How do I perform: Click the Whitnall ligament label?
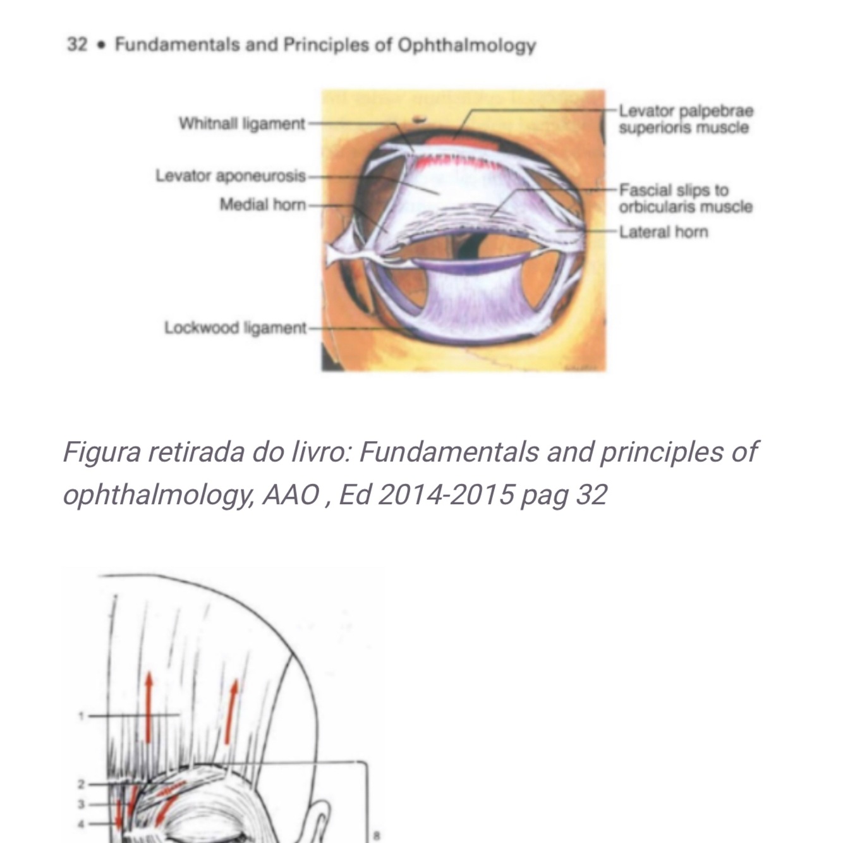[x=241, y=124]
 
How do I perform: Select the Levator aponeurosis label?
[x=231, y=176]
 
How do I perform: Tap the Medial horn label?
[x=262, y=205]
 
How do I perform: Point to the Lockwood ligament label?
[x=235, y=328]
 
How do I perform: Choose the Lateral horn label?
[x=663, y=232]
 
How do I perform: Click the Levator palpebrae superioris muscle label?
[x=685, y=119]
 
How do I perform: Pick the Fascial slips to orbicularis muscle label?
[x=685, y=198]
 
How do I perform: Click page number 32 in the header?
[x=76, y=45]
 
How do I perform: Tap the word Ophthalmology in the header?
[x=466, y=45]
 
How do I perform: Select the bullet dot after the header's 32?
[x=101, y=45]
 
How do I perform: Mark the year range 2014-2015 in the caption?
[x=445, y=494]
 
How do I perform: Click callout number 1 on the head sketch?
[x=81, y=715]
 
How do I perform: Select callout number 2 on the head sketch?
[x=81, y=785]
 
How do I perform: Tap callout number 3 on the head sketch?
[x=81, y=804]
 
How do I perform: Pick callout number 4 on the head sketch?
[x=81, y=824]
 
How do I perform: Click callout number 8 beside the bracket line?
[x=377, y=835]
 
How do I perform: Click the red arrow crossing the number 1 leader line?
[x=149, y=707]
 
